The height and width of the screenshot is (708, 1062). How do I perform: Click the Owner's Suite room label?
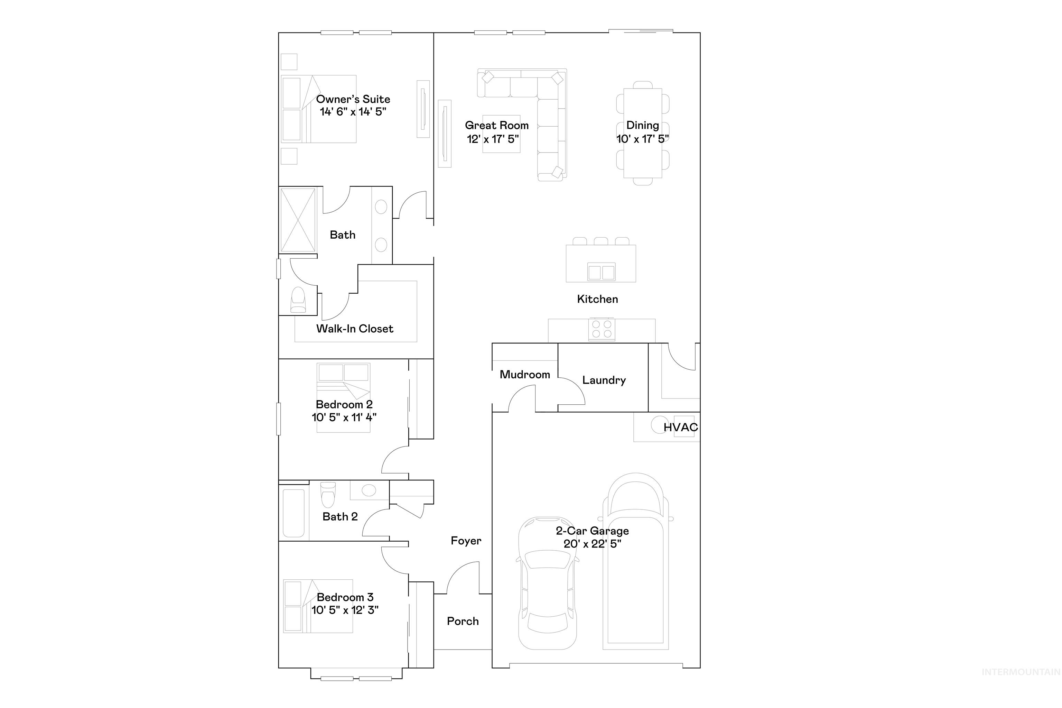(x=353, y=99)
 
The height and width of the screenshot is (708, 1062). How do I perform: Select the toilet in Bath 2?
(x=328, y=495)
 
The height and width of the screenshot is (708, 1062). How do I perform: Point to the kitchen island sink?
(x=601, y=272)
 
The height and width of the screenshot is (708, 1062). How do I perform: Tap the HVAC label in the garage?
(x=680, y=427)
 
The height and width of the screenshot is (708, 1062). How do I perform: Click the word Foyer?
(x=466, y=541)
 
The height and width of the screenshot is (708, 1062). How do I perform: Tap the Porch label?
(x=463, y=621)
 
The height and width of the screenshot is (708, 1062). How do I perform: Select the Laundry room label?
(x=604, y=380)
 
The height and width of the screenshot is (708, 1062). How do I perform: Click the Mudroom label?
(x=524, y=374)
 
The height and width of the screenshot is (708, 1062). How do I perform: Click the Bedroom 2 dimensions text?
(x=344, y=417)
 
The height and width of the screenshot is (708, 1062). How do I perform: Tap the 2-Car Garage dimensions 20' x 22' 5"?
(x=592, y=544)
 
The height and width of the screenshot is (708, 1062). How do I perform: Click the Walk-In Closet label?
(x=354, y=329)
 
